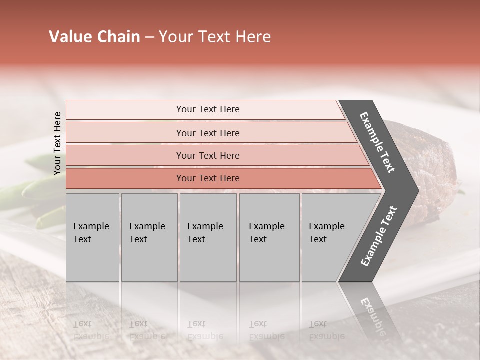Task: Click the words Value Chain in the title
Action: click(94, 37)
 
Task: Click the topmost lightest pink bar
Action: click(125, 109)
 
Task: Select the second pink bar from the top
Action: click(125, 133)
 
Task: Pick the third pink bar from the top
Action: click(125, 155)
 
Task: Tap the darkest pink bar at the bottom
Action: click(125, 178)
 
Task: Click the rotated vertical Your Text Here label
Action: click(57, 143)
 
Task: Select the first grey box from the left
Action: click(92, 260)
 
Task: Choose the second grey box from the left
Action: click(149, 260)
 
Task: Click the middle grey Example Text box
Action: click(208, 260)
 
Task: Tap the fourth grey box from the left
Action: click(269, 260)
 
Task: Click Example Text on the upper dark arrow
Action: click(377, 142)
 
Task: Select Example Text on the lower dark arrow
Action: click(379, 236)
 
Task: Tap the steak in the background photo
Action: click(430, 165)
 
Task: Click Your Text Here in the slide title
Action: click(215, 37)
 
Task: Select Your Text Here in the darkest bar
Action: click(208, 178)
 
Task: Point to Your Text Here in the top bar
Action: click(208, 109)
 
